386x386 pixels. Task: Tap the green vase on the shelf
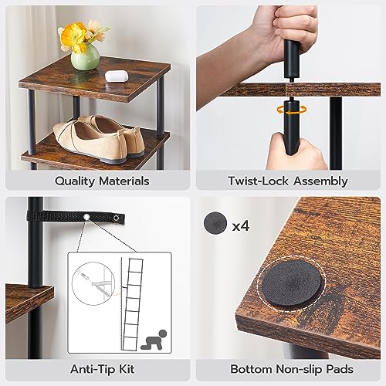point(85,57)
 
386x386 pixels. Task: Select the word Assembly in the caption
point(319,181)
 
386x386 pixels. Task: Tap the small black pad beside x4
point(215,222)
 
